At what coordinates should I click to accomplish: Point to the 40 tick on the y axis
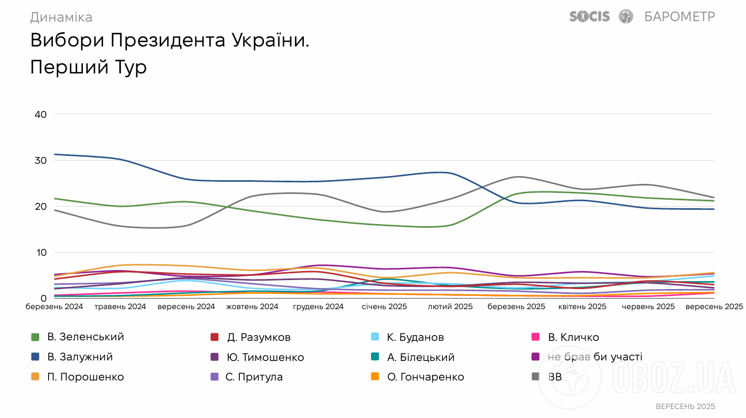[x=40, y=114]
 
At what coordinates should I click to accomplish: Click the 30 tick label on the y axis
[x=40, y=160]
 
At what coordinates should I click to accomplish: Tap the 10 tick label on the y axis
[x=41, y=252]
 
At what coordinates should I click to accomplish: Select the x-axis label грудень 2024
[x=319, y=306]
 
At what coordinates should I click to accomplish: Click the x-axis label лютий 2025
[x=450, y=306]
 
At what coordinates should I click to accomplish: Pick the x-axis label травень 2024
[x=120, y=306]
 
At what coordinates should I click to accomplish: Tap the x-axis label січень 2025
[x=384, y=306]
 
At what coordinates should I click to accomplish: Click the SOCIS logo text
[x=589, y=16]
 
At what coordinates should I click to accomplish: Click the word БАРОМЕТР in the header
[x=679, y=16]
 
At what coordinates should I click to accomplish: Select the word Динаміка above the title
[x=61, y=17]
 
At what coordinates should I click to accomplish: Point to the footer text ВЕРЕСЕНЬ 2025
[x=685, y=406]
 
